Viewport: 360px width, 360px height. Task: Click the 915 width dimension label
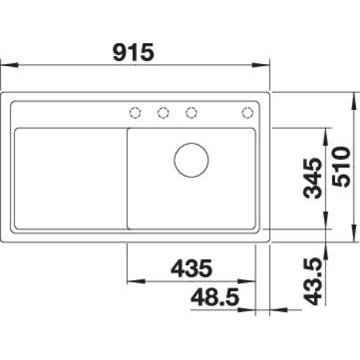click(134, 52)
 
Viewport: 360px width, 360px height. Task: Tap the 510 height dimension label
click(341, 167)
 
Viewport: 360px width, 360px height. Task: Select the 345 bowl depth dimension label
click(312, 179)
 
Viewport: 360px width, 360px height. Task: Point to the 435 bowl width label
click(192, 268)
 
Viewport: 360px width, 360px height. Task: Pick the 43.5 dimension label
click(312, 281)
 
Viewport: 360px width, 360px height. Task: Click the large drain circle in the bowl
click(191, 160)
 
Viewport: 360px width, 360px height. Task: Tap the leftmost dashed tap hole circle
click(135, 113)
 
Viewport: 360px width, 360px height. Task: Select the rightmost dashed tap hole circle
click(247, 113)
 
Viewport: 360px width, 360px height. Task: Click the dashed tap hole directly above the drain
click(191, 113)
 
